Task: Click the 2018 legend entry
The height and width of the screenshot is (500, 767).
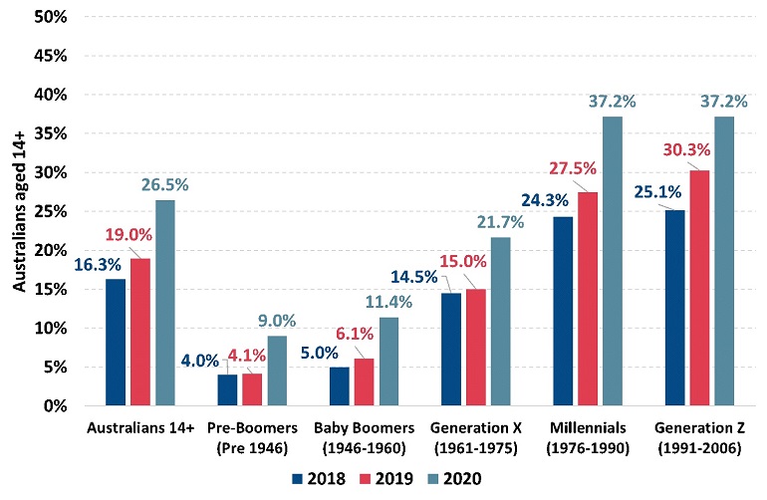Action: coord(315,478)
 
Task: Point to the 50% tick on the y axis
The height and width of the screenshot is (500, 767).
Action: coord(53,17)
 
